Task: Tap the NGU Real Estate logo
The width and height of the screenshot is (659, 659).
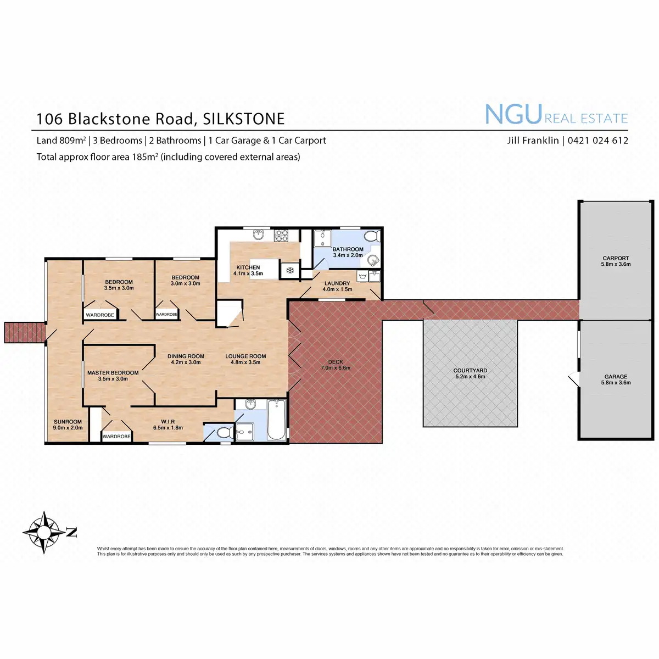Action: [x=556, y=115]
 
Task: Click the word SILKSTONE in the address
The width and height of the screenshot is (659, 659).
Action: [x=244, y=119]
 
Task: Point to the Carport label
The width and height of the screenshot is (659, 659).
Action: [x=616, y=258]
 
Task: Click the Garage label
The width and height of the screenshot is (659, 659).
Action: [x=616, y=377]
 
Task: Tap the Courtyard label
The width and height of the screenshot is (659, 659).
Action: [x=470, y=371]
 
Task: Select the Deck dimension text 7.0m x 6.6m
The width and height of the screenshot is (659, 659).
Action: [x=336, y=368]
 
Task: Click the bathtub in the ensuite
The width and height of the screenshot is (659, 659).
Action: [x=276, y=420]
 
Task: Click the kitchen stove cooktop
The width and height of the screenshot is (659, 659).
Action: [x=282, y=236]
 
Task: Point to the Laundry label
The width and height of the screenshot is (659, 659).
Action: [x=337, y=283]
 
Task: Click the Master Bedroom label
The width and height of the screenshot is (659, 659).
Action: [x=113, y=373]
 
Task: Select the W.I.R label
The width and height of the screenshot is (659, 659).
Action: [x=168, y=422]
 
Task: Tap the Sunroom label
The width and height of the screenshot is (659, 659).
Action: [x=68, y=422]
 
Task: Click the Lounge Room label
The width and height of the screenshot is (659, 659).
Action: [x=245, y=356]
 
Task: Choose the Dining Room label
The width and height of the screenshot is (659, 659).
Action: [x=186, y=356]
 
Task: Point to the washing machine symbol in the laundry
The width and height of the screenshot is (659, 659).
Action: [x=362, y=275]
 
